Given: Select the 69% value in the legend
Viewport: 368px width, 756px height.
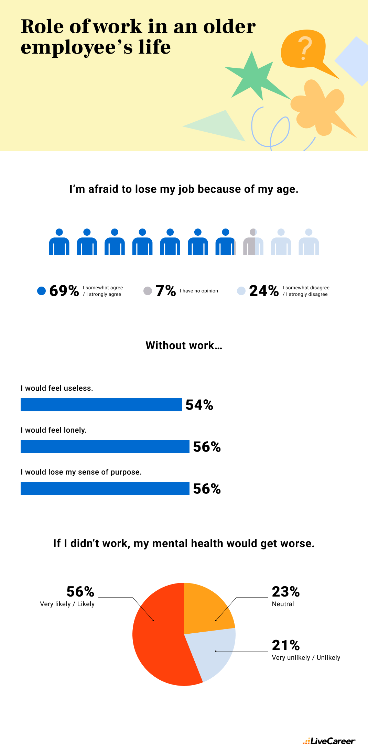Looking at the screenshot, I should coord(64,291).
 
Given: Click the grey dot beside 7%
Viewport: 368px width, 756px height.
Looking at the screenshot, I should coord(148,291).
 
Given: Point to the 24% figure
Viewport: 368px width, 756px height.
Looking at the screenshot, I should coord(264,291).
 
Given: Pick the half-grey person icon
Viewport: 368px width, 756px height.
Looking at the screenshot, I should coord(253,242).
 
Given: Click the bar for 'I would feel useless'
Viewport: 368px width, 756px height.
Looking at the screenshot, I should coord(101,405).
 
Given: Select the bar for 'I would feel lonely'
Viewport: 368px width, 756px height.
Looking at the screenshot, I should coord(105,447).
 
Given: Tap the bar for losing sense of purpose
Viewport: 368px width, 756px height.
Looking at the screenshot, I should coord(105,489).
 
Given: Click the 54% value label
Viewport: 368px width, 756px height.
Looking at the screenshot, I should coord(199,405).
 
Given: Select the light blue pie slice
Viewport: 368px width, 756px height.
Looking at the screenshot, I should coord(215,653).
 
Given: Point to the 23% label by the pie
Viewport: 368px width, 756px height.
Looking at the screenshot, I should coord(286,592).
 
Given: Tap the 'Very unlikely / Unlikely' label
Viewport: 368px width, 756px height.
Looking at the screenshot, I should coord(306,658).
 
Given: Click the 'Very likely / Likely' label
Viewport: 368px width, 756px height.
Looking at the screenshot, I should coord(67,604).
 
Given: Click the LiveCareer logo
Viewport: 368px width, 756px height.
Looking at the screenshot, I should coord(329,741).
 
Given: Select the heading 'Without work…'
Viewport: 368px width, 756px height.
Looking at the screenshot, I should coord(184,345).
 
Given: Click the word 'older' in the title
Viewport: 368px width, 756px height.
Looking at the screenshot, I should coord(229,27).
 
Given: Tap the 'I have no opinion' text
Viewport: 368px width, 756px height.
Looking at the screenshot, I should coord(199,291).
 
